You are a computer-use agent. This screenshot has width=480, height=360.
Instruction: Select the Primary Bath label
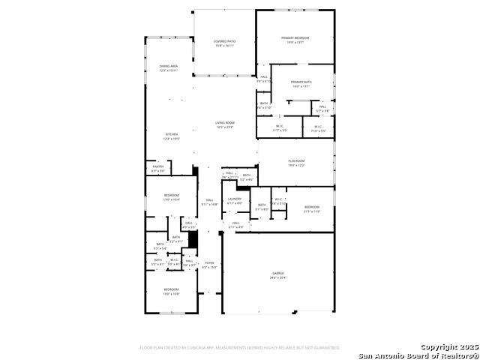click(x=301, y=84)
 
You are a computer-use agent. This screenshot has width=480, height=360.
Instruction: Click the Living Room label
click(x=225, y=124)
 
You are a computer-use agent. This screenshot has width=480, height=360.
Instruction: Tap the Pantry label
click(x=157, y=169)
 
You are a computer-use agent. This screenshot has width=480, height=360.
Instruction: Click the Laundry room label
click(x=234, y=200)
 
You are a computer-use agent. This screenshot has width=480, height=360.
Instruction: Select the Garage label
click(x=278, y=275)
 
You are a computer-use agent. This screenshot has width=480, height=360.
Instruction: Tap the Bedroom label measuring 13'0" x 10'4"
click(x=172, y=197)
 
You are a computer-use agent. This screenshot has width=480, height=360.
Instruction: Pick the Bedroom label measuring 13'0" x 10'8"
click(x=172, y=291)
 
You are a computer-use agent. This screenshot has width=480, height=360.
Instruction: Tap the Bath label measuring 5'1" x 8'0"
click(x=261, y=207)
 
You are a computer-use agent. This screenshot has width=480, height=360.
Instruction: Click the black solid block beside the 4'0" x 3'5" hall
click(x=192, y=238)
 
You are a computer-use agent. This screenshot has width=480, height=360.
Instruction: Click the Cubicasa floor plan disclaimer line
click(x=240, y=348)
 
